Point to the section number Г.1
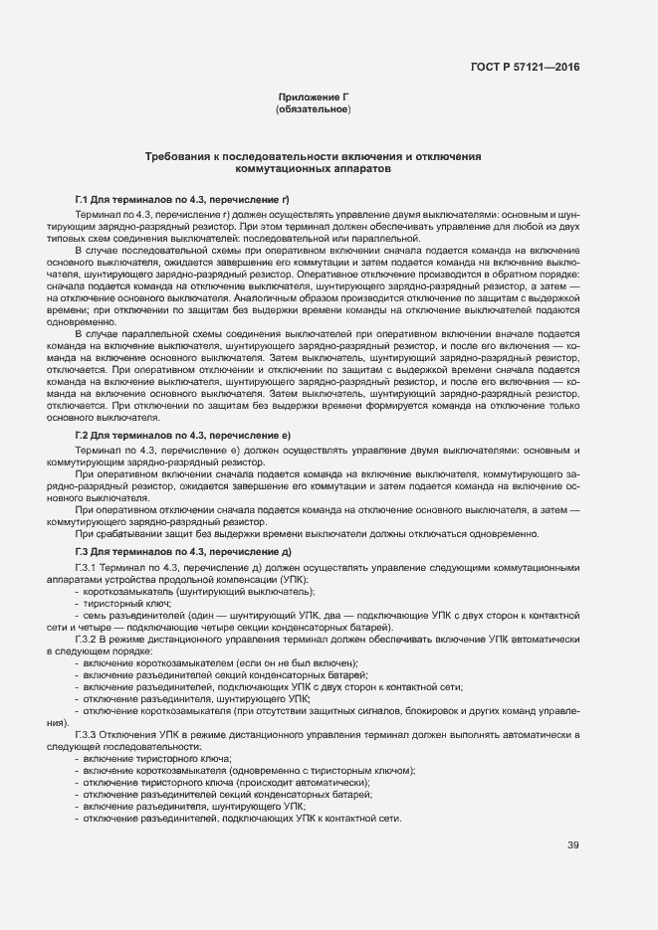(84, 200)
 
